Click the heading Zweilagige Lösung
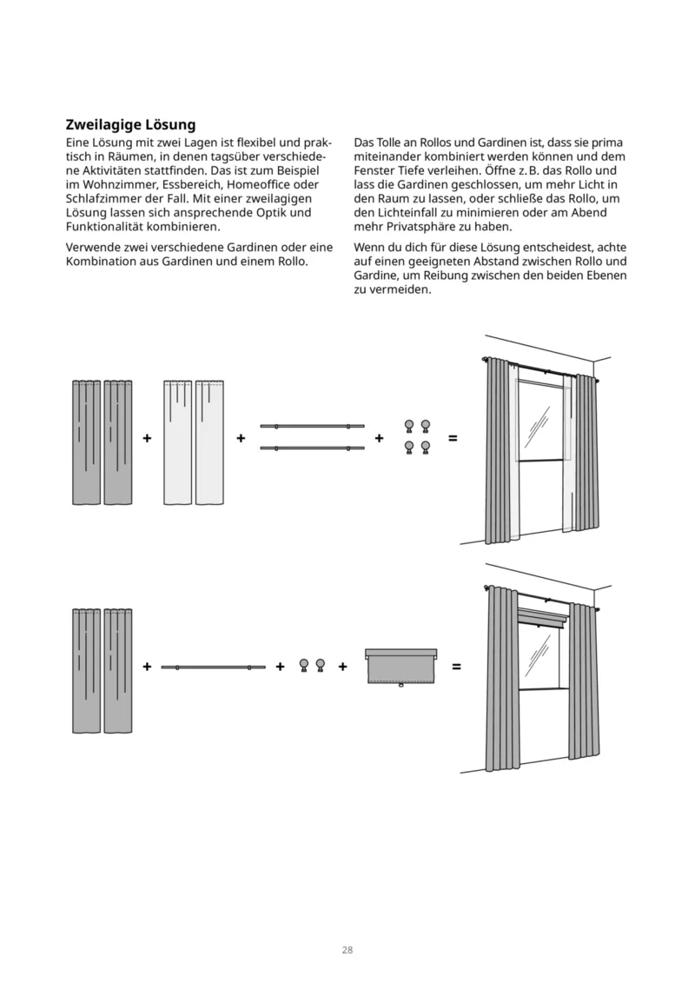coord(130,125)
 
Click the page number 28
coord(347,950)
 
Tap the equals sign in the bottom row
coord(456,667)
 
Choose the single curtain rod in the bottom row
coord(213,667)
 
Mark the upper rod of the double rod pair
coord(312,427)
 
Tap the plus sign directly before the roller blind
coord(343,667)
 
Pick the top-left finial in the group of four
coord(409,426)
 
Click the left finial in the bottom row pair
coord(304,665)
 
